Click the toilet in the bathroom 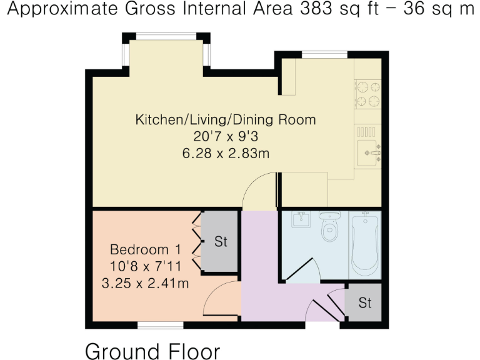(x=329, y=226)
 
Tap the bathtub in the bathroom (x=364, y=244)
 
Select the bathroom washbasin (x=301, y=219)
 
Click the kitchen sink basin (x=367, y=152)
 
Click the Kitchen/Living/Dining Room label (x=226, y=119)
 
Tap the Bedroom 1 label (x=146, y=249)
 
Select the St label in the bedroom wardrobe (x=221, y=241)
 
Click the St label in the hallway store (x=365, y=302)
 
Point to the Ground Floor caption (x=152, y=351)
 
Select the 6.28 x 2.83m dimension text (x=226, y=153)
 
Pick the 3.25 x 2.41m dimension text (x=145, y=284)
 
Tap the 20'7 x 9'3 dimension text (x=226, y=136)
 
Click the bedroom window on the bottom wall (x=161, y=325)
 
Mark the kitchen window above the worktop (x=324, y=55)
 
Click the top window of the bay (x=166, y=36)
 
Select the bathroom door (x=298, y=270)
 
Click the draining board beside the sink (x=366, y=132)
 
